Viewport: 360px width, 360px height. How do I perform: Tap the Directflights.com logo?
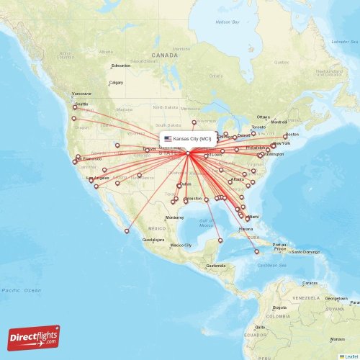pos(34,338)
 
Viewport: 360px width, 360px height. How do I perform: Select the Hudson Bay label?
pos(228,22)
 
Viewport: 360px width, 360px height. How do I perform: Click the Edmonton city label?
pos(120,66)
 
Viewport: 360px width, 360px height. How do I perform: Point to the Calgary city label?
pos(116,83)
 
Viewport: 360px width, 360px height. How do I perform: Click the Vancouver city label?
pos(81,94)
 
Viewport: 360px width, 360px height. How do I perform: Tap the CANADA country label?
pos(164,55)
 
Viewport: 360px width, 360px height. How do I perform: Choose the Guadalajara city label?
pos(153,239)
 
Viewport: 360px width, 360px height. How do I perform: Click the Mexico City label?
pos(180,246)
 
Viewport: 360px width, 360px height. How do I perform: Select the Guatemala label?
pos(215,266)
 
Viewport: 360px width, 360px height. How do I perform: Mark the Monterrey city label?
pos(175,217)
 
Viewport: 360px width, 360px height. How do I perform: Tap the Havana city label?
pos(245,228)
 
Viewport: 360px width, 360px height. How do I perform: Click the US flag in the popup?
pos(168,138)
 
